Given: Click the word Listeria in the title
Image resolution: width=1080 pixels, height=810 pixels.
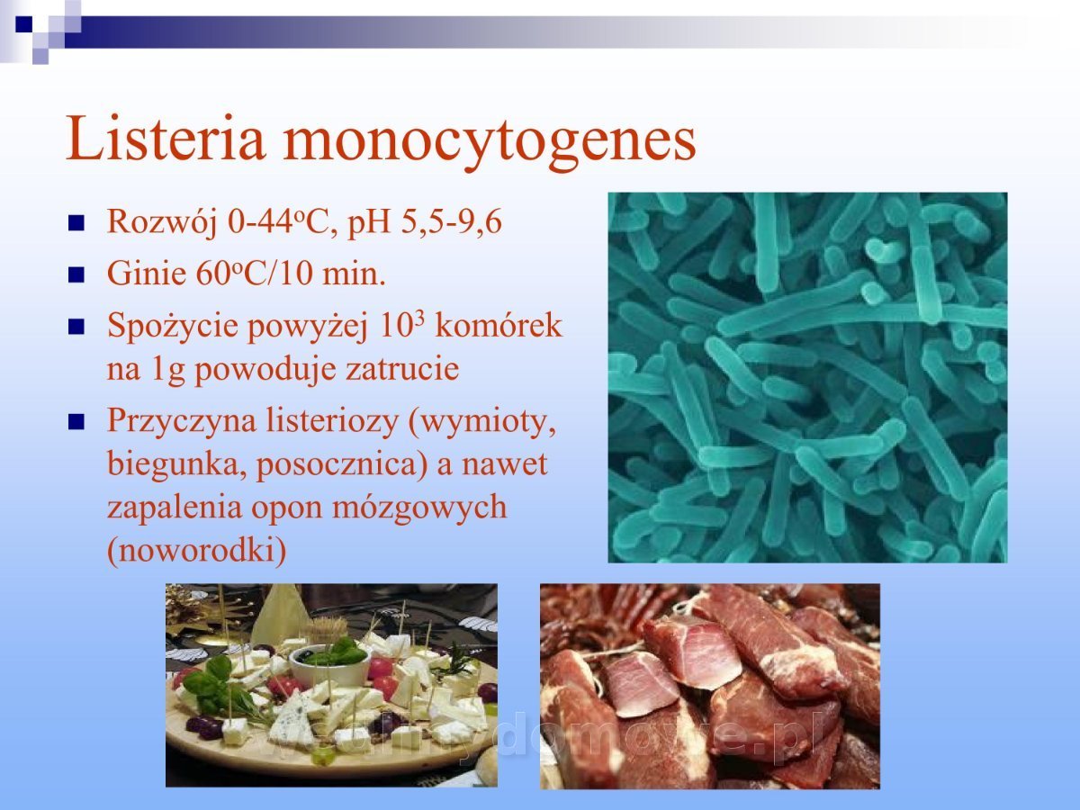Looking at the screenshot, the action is coord(166,139).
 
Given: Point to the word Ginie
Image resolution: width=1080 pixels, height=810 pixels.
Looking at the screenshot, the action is coord(147,274).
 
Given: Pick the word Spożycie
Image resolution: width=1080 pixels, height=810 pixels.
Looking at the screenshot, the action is coord(173,328).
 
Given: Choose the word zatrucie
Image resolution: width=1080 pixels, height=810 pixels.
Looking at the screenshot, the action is coord(401,369).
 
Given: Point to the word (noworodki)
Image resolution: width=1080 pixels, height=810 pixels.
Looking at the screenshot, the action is coord(197,551).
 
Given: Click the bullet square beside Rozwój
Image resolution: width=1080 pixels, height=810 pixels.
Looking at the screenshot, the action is coord(76,223).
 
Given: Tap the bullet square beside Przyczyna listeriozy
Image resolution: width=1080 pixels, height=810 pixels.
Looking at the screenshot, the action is coord(76,422).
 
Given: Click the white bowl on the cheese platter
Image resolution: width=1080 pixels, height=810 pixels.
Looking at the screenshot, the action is coord(329,665).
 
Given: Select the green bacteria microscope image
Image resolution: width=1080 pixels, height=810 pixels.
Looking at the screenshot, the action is coord(807,377).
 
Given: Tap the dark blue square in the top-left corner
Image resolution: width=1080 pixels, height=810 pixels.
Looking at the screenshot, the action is coord(23,24).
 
